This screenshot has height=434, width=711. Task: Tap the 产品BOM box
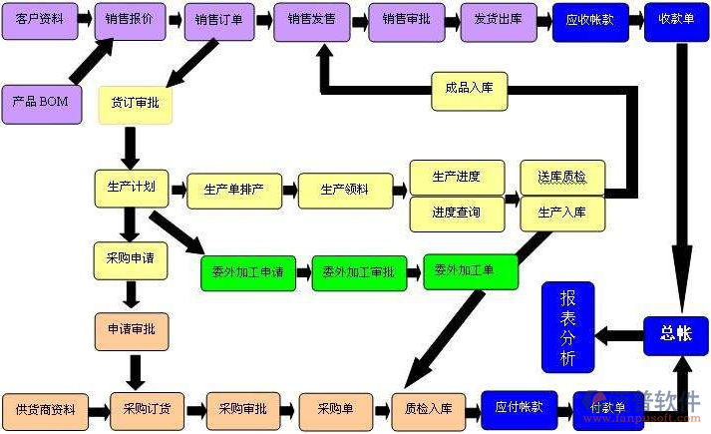click(x=40, y=103)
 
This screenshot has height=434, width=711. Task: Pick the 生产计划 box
click(x=132, y=188)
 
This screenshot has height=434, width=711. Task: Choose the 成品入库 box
click(x=470, y=90)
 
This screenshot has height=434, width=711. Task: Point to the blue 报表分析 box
click(x=567, y=326)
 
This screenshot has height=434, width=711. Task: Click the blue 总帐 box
click(x=675, y=335)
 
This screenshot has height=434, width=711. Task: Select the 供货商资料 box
click(x=45, y=410)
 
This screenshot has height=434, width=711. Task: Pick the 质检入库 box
click(x=428, y=409)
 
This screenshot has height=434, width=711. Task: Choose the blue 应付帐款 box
click(x=519, y=407)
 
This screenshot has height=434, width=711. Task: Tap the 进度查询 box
click(x=456, y=213)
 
